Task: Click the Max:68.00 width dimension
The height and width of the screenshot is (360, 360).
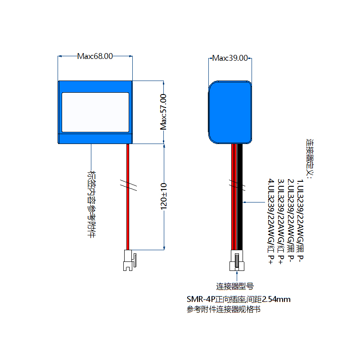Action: click(x=95, y=56)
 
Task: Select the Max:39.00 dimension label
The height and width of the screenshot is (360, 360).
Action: click(x=230, y=58)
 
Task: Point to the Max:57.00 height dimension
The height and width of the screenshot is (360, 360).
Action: click(x=164, y=112)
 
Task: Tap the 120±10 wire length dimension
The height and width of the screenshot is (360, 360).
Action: click(x=164, y=196)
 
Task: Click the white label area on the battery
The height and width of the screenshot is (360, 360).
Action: click(x=95, y=112)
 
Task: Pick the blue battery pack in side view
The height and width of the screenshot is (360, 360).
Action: click(x=230, y=112)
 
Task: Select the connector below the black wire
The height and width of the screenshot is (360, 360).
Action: click(x=237, y=261)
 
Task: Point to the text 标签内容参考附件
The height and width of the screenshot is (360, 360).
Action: click(x=92, y=204)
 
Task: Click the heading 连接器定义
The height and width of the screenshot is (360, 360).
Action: click(x=310, y=157)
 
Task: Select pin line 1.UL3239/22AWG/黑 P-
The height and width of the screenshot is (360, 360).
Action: click(x=301, y=223)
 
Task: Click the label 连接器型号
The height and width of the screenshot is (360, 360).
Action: click(x=234, y=286)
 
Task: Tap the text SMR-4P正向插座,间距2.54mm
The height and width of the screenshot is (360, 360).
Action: click(x=238, y=299)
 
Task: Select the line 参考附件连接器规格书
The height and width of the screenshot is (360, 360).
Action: click(x=223, y=309)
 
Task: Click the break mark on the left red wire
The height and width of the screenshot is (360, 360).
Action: click(x=127, y=185)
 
